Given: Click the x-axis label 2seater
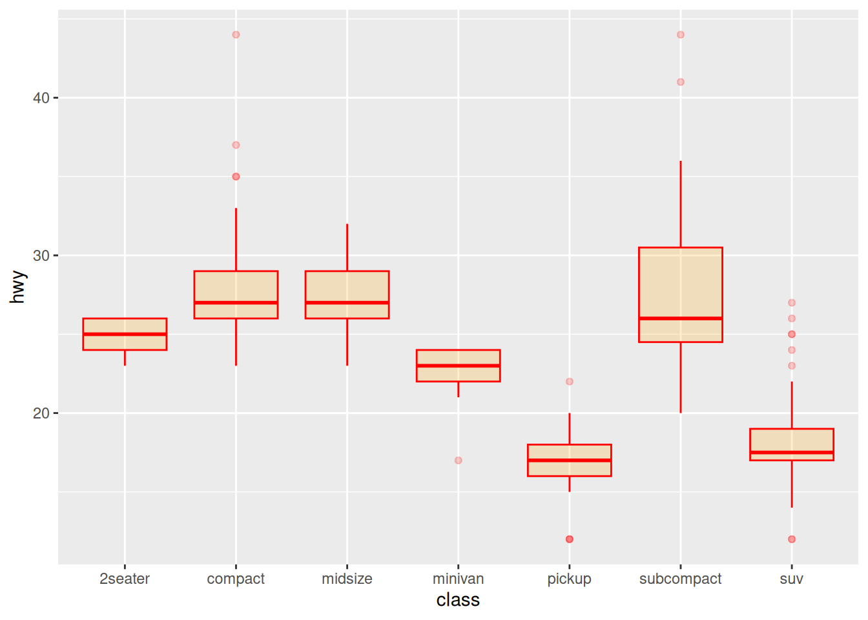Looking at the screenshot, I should coord(125,579).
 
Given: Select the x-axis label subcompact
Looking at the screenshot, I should coord(680,579).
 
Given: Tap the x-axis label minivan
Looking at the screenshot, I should coord(458,579).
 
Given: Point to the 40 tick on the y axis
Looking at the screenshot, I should coord(41,98).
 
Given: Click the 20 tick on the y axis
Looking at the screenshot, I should coord(41,413).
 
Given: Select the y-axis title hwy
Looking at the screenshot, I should coord(17,287).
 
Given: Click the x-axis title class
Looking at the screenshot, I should coord(458,600).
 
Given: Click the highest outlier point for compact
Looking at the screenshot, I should coord(236,35).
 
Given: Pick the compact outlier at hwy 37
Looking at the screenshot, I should coord(236,145).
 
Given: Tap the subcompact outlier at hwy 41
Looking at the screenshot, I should coord(680,82).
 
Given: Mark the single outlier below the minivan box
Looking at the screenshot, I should coord(458,460).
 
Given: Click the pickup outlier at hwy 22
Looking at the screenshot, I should coord(569,382).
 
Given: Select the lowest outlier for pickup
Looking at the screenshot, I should coord(569,539).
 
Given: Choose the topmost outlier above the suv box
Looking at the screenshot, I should coord(791,303).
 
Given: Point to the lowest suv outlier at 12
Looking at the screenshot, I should coord(791,539).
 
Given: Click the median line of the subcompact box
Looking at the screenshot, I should coord(680,318).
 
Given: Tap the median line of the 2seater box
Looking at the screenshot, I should coord(125,334).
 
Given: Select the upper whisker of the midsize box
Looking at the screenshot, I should coord(347,247).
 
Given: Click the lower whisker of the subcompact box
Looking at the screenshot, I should coord(680,378).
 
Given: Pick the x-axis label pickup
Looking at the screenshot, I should coord(569,579).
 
